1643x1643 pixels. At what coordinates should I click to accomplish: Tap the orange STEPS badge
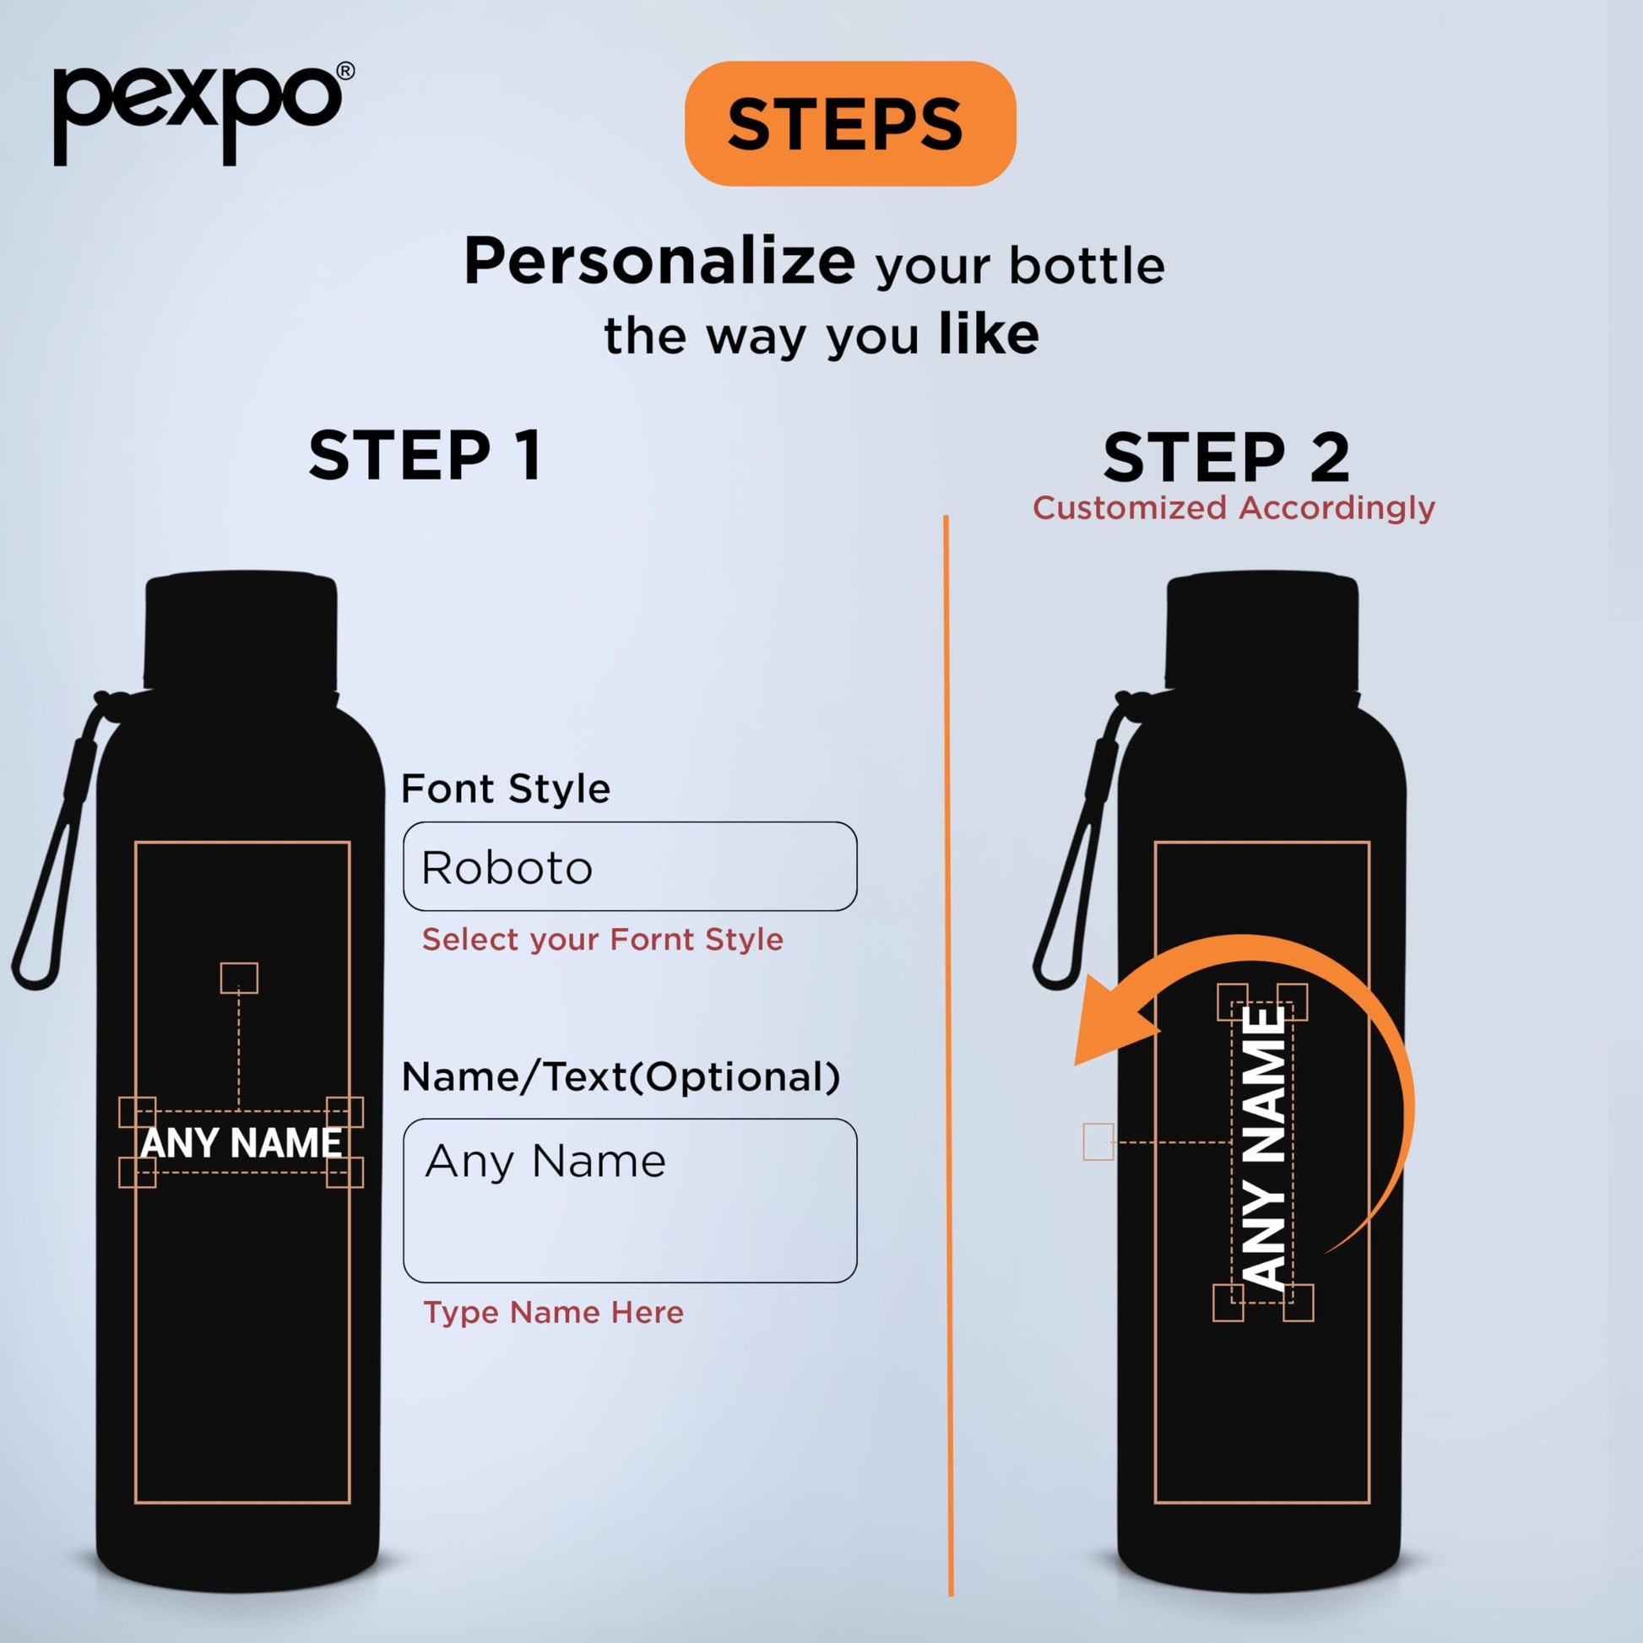pos(849,123)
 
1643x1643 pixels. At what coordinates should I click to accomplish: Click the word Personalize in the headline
pos(659,262)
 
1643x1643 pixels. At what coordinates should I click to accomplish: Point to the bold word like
pos(988,334)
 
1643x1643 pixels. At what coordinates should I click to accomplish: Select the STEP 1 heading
pos(426,456)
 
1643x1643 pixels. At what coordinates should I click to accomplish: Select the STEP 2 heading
pos(1226,457)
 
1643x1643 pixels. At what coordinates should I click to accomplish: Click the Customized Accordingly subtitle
pos(1234,507)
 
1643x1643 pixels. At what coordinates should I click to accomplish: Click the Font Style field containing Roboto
pos(630,866)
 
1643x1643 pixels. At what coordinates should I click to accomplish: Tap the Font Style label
pos(506,789)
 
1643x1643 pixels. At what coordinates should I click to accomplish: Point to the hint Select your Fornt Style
pos(603,940)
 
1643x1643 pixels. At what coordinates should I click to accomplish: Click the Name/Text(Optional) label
pos(621,1076)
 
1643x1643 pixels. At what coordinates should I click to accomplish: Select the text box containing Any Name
pos(630,1201)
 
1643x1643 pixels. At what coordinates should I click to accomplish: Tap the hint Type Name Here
pos(554,1312)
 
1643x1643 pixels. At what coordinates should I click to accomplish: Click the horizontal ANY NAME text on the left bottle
pos(241,1143)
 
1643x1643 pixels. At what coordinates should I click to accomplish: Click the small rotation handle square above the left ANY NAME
pos(239,978)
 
